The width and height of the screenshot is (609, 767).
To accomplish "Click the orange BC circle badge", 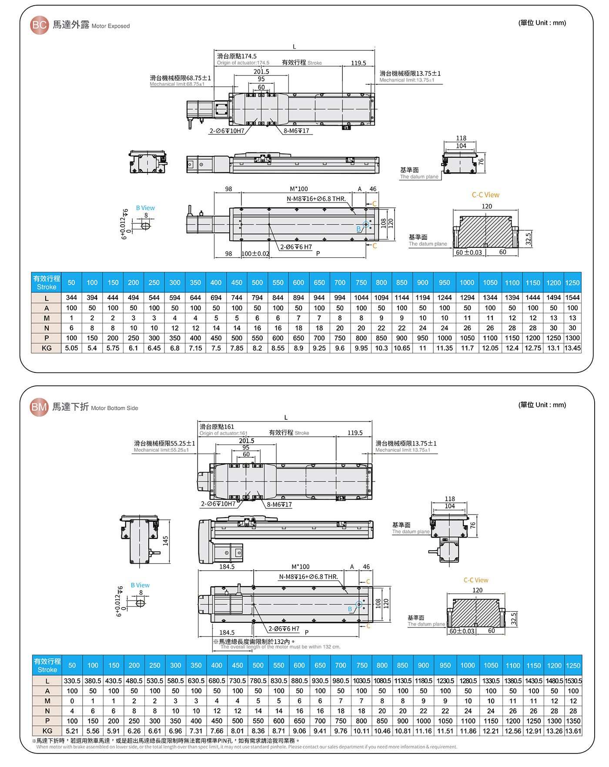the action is (39, 25).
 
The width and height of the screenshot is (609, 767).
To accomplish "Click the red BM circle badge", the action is (39, 407).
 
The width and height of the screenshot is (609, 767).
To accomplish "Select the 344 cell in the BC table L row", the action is (71, 298).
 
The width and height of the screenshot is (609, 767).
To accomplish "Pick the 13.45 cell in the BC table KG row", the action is (572, 348).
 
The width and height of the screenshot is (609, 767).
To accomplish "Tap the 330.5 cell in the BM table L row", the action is (72, 681).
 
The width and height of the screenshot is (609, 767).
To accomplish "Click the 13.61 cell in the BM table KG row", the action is (573, 731).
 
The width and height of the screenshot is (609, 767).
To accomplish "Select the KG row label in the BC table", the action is (47, 348).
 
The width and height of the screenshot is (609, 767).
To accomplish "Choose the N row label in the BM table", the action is (47, 711).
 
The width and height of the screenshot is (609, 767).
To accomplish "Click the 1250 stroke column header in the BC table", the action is (572, 282).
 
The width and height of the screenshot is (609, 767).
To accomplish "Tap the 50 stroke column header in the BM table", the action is (72, 665).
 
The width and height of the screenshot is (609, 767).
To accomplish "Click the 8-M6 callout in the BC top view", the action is (296, 131).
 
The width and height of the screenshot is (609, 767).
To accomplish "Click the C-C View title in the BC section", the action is (485, 195).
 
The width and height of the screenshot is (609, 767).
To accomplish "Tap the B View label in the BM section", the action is (140, 585).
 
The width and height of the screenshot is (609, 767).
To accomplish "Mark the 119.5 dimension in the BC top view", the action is (358, 63).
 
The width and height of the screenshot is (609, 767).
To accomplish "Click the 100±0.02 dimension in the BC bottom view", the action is (255, 254).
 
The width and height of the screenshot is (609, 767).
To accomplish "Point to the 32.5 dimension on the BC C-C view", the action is (529, 239).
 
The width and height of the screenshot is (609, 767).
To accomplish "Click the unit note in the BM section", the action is (542, 405).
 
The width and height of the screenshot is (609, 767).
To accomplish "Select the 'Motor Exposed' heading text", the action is (110, 26).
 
